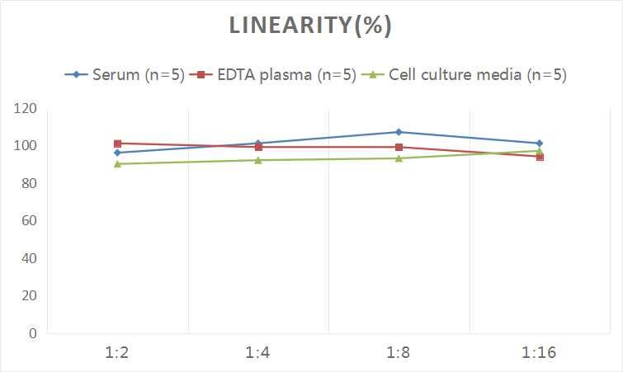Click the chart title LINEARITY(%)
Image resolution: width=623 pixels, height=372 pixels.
[310, 26]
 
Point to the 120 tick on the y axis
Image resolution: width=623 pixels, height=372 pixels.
[26, 108]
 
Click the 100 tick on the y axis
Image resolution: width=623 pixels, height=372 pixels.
[26, 146]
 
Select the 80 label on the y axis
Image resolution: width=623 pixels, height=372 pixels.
[29, 183]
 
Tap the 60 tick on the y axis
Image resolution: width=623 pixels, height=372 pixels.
[29, 220]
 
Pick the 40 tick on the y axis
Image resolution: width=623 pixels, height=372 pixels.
[29, 258]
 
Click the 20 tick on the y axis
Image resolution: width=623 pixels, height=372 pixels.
[29, 295]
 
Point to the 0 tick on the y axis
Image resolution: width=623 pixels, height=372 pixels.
[33, 333]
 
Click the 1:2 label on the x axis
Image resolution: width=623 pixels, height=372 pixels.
[117, 353]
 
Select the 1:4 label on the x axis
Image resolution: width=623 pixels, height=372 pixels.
[258, 353]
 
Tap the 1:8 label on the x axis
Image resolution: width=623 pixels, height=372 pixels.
[399, 353]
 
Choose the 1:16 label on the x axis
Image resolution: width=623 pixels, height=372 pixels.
[540, 353]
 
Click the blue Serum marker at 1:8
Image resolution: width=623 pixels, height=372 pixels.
[399, 132]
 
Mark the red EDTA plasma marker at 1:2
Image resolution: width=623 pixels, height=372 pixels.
[117, 144]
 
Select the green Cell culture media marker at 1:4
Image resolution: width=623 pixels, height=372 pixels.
[258, 160]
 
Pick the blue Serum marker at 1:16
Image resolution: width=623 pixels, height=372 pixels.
[540, 144]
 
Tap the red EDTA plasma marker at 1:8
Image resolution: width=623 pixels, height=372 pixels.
[399, 148]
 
